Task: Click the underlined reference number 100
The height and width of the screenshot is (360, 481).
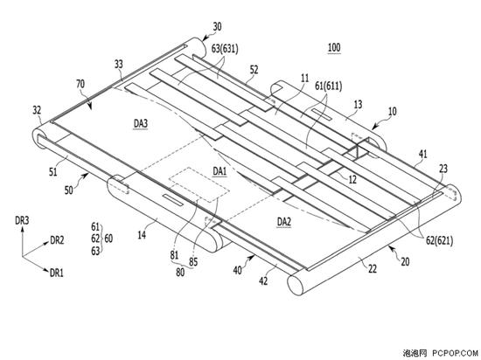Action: coord(334,48)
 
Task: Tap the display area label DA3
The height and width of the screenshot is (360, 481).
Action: coord(141,123)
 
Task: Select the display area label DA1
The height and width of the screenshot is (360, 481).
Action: coord(220,171)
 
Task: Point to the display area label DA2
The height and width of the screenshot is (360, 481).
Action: coord(283,221)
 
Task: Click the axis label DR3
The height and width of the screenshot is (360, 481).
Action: coord(22,220)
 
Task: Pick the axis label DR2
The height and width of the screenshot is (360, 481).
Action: coord(57,240)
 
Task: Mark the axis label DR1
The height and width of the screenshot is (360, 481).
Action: coord(57,273)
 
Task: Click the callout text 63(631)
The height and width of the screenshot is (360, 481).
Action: coord(225,48)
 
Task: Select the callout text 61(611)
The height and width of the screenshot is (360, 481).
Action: coord(328,87)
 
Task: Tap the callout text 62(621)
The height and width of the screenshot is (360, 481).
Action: coord(439,241)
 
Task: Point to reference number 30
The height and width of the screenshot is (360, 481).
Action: coord(217,27)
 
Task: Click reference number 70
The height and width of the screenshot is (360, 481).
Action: coord(80,84)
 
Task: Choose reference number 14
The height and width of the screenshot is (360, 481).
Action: coord(142,235)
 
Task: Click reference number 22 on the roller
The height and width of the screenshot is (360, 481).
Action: coord(373,269)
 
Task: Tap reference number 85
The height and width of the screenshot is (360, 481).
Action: coord(193,262)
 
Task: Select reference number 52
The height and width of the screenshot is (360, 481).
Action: coord(254,70)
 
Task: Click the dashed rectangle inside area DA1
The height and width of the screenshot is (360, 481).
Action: coord(199,184)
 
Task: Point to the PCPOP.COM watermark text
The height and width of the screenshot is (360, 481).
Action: coord(455,353)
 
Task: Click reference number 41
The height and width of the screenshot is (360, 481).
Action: coord(423,154)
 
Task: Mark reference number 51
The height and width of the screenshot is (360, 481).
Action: coord(53,171)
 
